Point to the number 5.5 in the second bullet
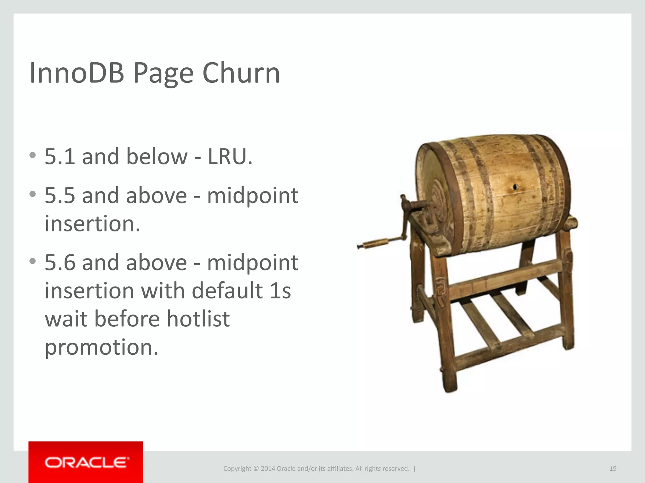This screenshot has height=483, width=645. pos(60,195)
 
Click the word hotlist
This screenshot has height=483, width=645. pos(198,319)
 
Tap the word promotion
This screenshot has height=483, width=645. pos(101,347)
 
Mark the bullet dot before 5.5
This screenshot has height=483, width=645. pos(32,194)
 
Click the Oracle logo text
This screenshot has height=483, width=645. pos(86,463)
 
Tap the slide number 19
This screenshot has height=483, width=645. pos(613,469)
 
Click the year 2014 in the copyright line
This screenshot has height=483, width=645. pos(268,469)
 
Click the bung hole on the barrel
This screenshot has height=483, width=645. pos(515,187)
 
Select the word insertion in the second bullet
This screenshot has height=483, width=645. pos(92,224)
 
